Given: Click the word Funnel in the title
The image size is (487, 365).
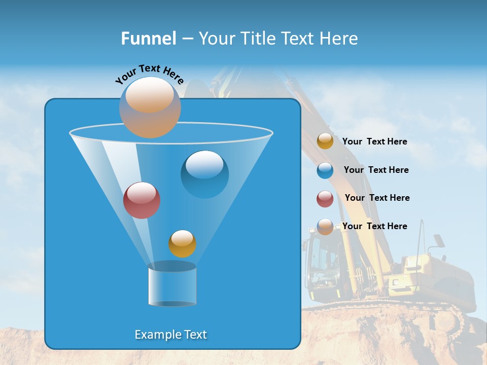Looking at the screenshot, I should click(x=148, y=39).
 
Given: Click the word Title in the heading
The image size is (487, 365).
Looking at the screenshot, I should click(x=259, y=39).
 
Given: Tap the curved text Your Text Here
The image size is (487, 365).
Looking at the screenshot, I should click(x=149, y=74).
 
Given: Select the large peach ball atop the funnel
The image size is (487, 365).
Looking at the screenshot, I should click(x=150, y=107).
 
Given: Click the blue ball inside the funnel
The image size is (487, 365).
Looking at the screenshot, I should click(x=204, y=174).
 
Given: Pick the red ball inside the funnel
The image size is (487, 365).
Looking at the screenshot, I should click(x=142, y=200).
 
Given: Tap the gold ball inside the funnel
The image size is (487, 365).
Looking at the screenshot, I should click(x=182, y=243).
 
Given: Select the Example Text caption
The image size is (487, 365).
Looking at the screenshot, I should click(x=171, y=335).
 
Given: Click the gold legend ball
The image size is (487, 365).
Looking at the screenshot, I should click(x=325, y=141).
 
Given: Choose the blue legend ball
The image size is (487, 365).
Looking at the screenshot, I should click(x=325, y=170).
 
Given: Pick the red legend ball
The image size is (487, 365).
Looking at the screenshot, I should click(x=325, y=199).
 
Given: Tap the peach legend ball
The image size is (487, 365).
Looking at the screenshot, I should click(x=325, y=227).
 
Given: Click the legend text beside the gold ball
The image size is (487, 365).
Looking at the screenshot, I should click(x=374, y=141).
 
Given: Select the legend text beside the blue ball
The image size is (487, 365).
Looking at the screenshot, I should click(x=376, y=170).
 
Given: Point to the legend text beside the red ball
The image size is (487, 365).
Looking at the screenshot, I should click(x=377, y=198).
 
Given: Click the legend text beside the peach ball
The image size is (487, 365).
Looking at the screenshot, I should click(x=374, y=226).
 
